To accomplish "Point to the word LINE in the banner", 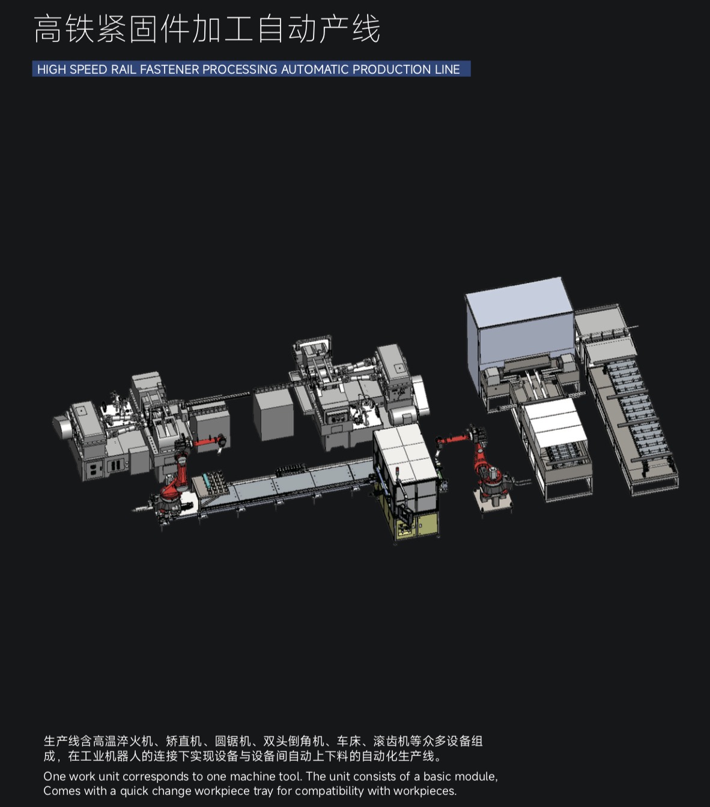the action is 448,69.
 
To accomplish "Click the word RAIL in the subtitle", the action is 124,69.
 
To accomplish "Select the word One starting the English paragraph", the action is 55,776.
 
